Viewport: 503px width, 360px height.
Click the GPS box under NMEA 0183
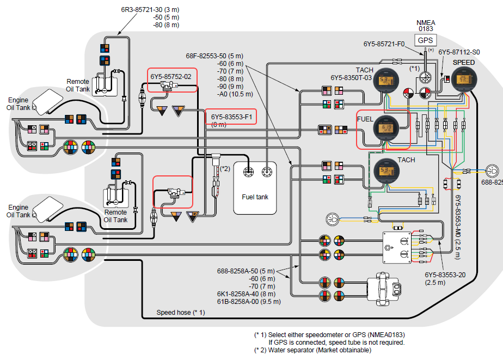[x=425, y=40]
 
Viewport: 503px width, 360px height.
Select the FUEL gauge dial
[x=385, y=129]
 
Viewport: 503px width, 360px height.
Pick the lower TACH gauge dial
[x=385, y=174]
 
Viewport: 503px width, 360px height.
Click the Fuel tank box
[x=255, y=188]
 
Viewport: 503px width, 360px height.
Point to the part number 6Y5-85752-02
[x=171, y=77]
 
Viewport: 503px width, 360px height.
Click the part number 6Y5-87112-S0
[x=459, y=52]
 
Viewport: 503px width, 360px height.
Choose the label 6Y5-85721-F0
[x=384, y=44]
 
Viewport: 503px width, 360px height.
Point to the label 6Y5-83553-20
[x=445, y=275]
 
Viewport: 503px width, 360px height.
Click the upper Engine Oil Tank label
[x=19, y=103]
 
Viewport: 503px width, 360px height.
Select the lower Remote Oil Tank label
[x=115, y=216]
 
